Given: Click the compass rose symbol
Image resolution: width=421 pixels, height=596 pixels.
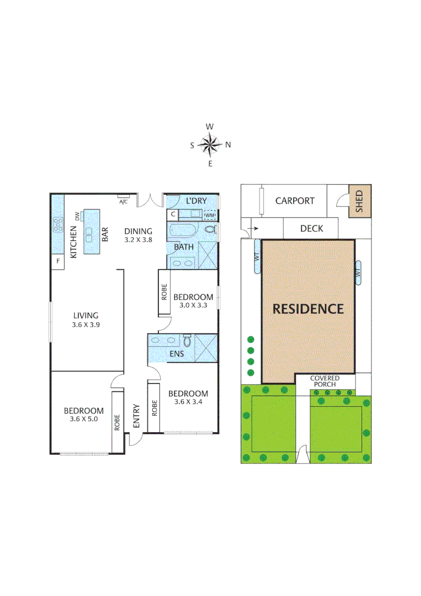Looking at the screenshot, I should (x=210, y=145).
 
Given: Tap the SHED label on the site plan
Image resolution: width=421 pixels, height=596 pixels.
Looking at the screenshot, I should (x=359, y=201).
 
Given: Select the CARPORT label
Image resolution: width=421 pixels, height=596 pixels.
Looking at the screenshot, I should (x=295, y=201).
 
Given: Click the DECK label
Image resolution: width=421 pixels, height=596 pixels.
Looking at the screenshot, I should (x=311, y=228).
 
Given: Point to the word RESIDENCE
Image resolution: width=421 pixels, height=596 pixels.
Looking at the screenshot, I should (x=308, y=308).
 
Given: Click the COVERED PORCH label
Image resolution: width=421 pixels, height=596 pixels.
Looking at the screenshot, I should (x=325, y=381).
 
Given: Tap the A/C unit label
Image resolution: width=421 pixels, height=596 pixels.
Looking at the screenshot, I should (x=123, y=201).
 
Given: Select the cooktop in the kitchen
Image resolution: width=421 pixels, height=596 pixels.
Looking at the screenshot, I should (x=58, y=225).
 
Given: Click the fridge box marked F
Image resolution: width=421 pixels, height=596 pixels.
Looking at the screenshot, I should (x=58, y=259).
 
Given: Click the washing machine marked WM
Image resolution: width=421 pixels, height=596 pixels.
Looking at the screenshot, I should (x=210, y=215).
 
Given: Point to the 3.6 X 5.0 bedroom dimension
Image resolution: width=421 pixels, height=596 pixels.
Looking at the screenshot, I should (x=84, y=419).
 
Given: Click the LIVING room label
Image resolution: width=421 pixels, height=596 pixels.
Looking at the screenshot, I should (x=87, y=316).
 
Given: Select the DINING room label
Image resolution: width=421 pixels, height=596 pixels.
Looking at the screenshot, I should (x=138, y=231).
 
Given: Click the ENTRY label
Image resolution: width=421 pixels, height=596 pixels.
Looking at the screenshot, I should (x=137, y=417).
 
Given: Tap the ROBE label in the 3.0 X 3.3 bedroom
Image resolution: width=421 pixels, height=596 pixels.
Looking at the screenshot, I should (x=164, y=292).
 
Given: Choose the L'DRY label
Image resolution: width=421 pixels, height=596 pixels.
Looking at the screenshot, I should (x=197, y=200).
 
